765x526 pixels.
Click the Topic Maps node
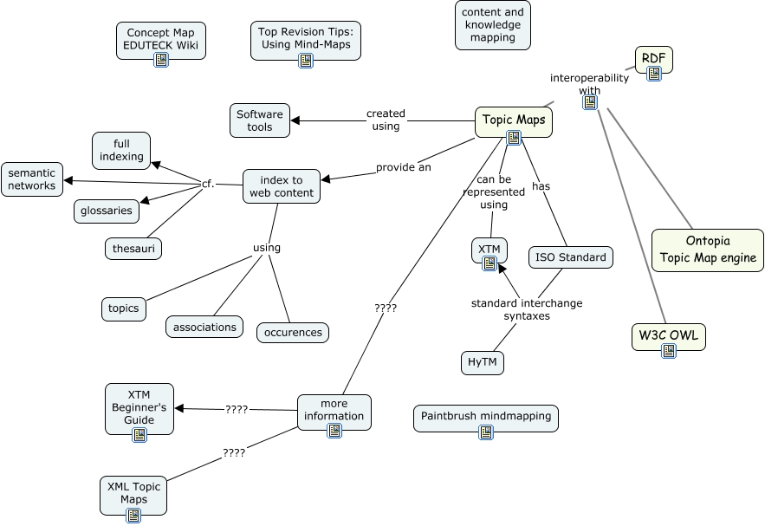(514, 120)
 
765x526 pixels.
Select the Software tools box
(260, 120)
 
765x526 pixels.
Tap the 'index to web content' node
(282, 186)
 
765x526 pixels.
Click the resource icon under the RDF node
(654, 74)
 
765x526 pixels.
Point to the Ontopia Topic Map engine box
(708, 250)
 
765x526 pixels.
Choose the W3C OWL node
(668, 335)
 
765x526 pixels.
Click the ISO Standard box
(571, 257)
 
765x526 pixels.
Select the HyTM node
(482, 363)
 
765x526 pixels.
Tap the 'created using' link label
(386, 120)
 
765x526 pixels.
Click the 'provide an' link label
(403, 167)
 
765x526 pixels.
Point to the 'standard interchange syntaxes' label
(527, 309)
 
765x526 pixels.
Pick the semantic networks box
(32, 179)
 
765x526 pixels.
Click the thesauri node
(133, 249)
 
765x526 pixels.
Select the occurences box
(293, 332)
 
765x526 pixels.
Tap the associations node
(204, 327)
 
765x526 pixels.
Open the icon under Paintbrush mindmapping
(486, 432)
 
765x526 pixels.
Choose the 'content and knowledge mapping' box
(493, 25)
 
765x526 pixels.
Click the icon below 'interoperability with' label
(590, 102)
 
